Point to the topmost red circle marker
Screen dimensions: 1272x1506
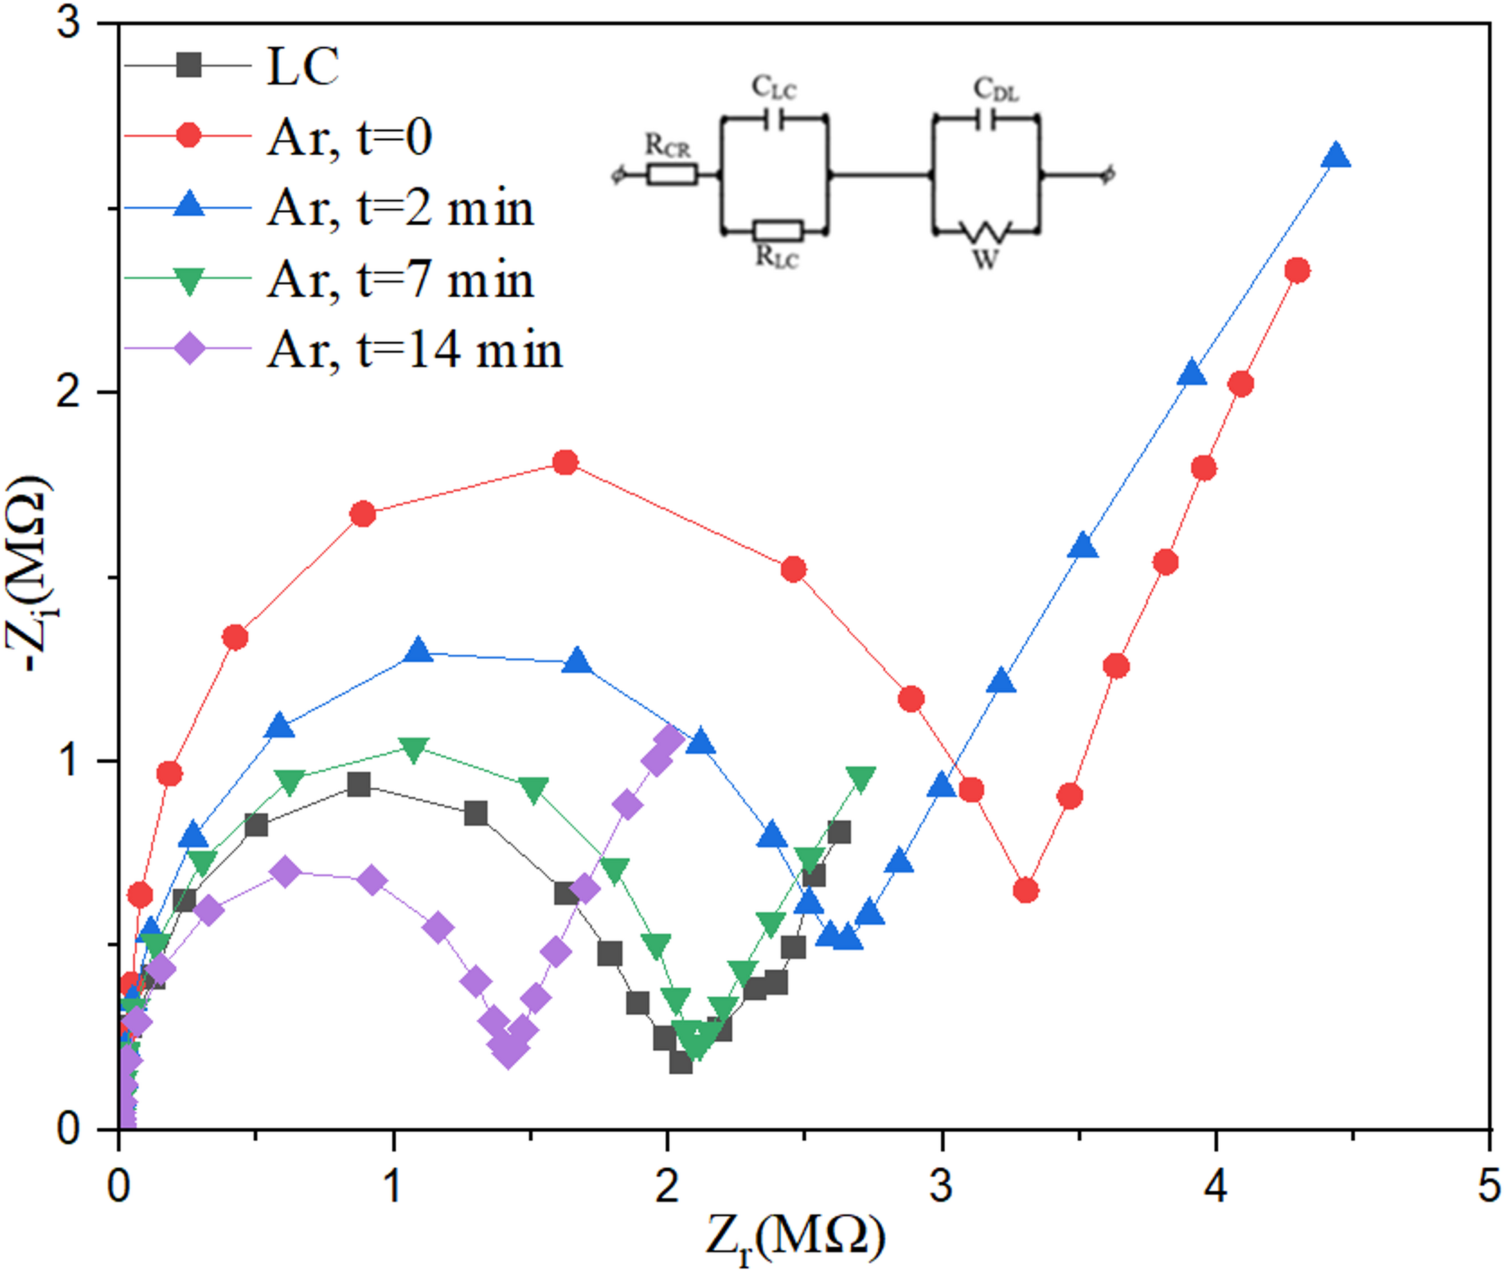coord(1297,270)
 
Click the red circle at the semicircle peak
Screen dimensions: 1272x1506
coord(565,462)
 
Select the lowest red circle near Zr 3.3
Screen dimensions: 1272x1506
coord(1026,890)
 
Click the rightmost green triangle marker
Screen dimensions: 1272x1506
coord(860,779)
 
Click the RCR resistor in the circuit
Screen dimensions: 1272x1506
coord(672,175)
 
